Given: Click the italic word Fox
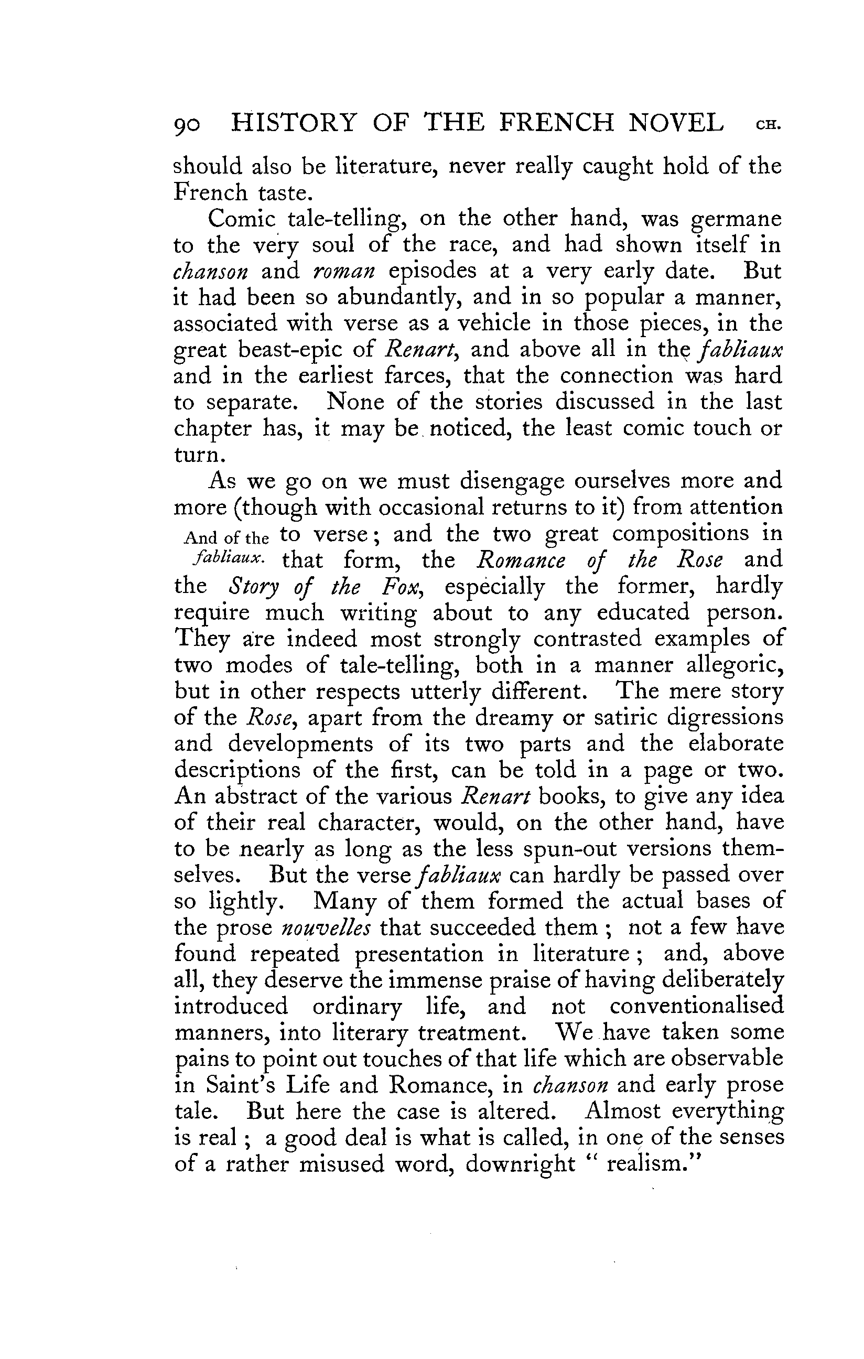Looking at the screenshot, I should (x=402, y=586).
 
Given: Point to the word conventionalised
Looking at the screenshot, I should (x=696, y=1006).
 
